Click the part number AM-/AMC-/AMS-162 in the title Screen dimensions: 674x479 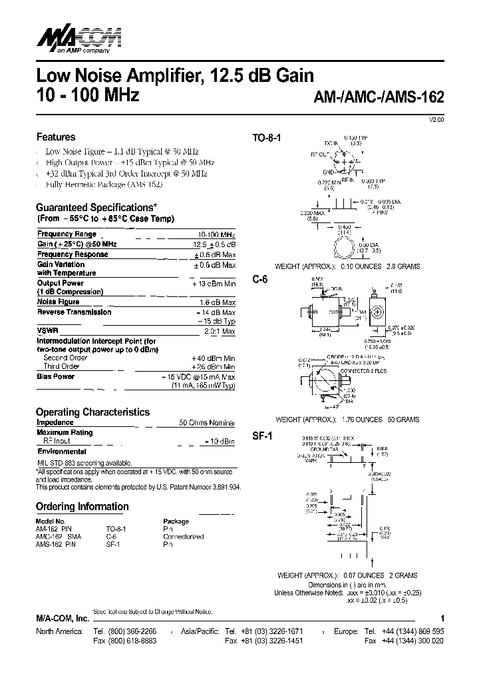click(378, 96)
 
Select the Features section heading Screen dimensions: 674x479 click(55, 137)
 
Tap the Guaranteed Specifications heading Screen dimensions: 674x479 click(96, 207)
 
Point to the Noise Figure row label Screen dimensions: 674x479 click(58, 302)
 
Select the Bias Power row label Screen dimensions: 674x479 click(56, 377)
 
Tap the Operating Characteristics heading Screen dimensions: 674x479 click(92, 412)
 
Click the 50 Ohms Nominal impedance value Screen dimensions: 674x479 click(207, 423)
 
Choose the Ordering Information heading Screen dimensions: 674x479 click(82, 507)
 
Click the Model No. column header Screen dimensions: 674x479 click(51, 521)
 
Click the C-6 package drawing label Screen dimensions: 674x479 click(259, 280)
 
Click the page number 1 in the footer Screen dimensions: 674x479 click(442, 619)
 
